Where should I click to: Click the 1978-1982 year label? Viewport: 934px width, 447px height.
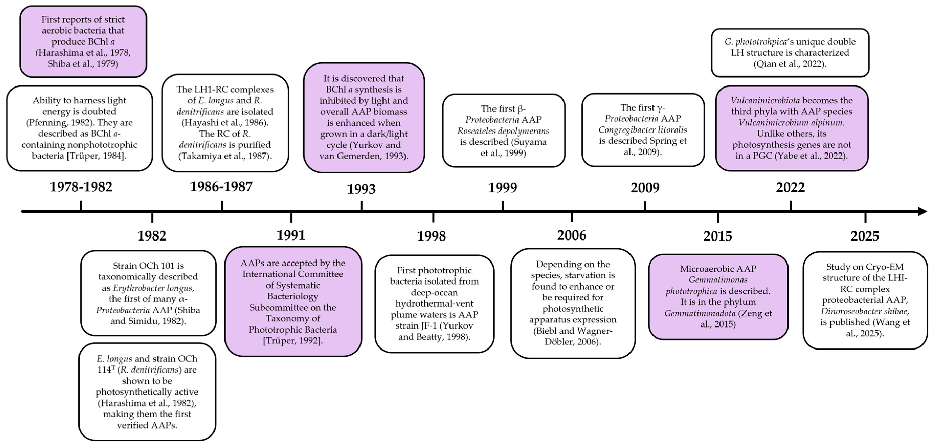81,187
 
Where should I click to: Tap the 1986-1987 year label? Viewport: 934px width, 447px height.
221,187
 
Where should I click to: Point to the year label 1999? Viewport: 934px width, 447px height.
502,188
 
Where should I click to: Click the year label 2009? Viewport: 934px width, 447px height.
645,188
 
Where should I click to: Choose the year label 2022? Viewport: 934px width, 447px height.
790,188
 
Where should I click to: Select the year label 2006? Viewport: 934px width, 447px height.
572,235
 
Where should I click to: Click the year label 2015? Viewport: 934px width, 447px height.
718,236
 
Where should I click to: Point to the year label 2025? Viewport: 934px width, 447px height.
865,236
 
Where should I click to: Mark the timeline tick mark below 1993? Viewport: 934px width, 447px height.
362,205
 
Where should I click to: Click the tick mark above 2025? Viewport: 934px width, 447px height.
865,217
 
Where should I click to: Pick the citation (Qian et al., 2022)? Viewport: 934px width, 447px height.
790,64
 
